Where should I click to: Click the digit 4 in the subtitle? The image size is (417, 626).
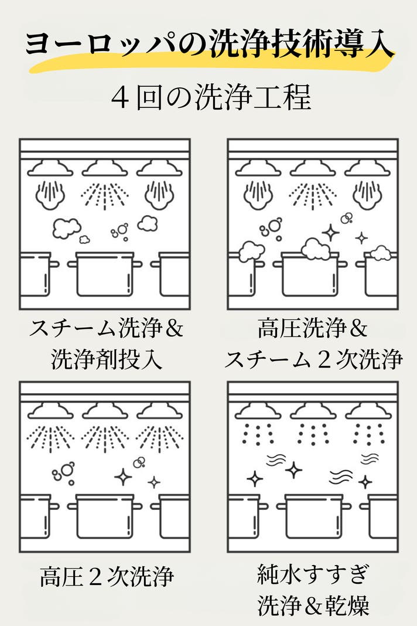coord(119,98)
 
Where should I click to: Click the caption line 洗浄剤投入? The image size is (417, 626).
coord(107,359)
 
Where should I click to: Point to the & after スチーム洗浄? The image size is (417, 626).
coord(173,329)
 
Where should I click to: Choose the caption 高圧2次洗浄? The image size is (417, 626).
coord(107,576)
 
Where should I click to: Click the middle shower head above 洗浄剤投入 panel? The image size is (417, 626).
coord(105,168)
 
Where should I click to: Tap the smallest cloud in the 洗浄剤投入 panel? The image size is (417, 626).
coord(84,239)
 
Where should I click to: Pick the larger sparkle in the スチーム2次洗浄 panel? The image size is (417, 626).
coord(330,233)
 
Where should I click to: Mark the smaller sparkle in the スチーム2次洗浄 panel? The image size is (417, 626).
coord(361,239)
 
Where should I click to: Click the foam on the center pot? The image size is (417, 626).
coord(316,249)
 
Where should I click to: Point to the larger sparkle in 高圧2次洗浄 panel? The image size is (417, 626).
coord(123,477)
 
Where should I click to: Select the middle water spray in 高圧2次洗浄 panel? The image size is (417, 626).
coord(105,439)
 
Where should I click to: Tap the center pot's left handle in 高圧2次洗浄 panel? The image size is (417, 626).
coord(72,506)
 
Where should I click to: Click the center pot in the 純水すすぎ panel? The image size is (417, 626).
coord(314,516)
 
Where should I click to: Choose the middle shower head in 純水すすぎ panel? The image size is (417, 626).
coord(313,411)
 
